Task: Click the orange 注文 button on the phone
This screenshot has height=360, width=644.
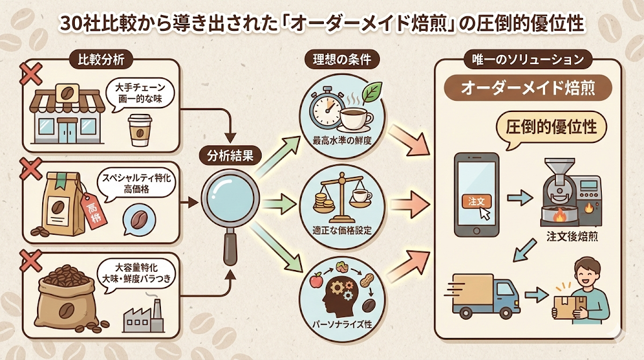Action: (475, 201)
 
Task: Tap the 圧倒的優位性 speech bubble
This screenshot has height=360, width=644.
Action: (556, 128)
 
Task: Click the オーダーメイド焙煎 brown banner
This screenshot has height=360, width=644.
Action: (528, 88)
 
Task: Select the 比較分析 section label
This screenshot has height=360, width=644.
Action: (97, 61)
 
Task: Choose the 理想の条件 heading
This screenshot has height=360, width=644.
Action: (342, 60)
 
